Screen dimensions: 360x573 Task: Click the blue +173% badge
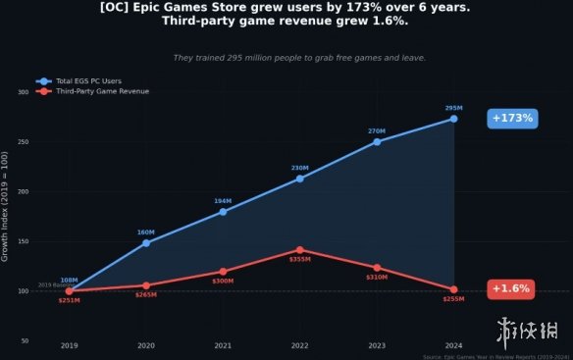pyautogui.click(x=512, y=119)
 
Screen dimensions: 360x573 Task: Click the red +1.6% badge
pyautogui.click(x=510, y=289)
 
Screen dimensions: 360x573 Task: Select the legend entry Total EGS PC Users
pyautogui.click(x=88, y=80)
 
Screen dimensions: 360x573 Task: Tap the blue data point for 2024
pyautogui.click(x=453, y=119)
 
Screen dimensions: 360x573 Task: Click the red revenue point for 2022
pyautogui.click(x=299, y=250)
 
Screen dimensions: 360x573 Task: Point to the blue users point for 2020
pyautogui.click(x=146, y=242)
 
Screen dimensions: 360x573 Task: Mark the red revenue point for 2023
pyautogui.click(x=377, y=268)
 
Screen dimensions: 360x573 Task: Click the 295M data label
pyautogui.click(x=453, y=108)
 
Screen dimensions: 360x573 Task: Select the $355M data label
pyautogui.click(x=299, y=260)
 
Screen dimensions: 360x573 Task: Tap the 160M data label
pyautogui.click(x=146, y=232)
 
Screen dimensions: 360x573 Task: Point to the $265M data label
pyautogui.click(x=146, y=295)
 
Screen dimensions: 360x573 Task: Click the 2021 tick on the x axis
pyautogui.click(x=223, y=345)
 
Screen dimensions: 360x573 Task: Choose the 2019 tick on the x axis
pyautogui.click(x=69, y=345)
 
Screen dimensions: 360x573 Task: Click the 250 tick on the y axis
pyautogui.click(x=24, y=142)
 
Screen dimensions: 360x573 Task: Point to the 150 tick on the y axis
pyautogui.click(x=24, y=241)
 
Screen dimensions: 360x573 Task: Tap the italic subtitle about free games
pyautogui.click(x=299, y=58)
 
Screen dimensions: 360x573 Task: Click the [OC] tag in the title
pyautogui.click(x=117, y=8)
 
